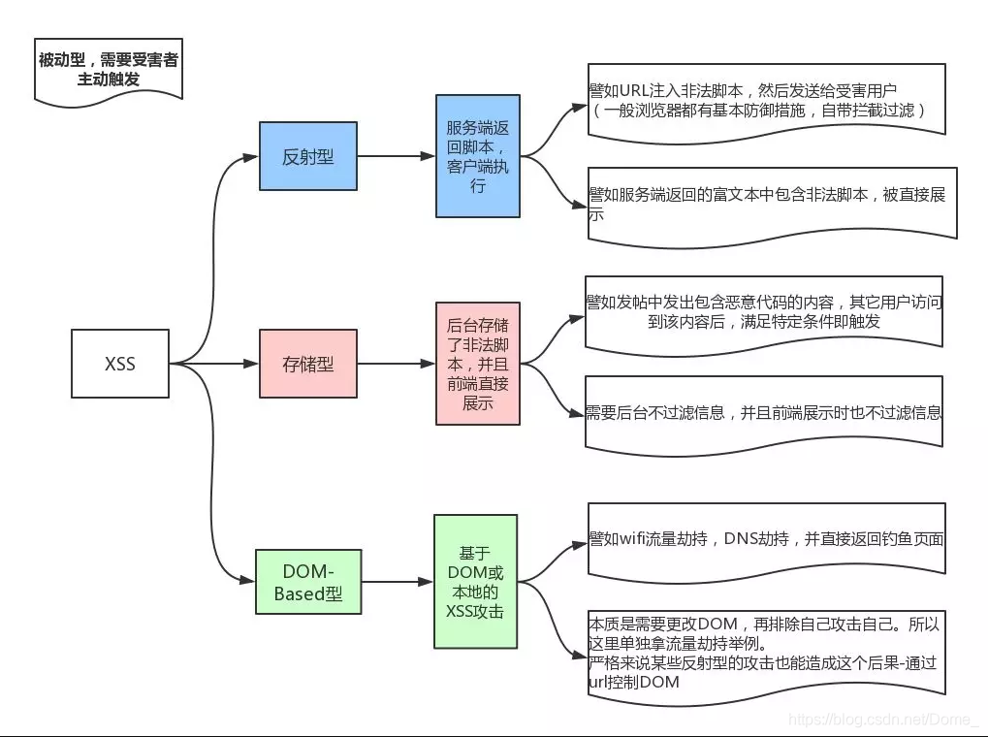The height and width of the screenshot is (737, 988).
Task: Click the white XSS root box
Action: (120, 364)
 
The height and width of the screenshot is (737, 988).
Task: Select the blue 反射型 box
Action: (307, 156)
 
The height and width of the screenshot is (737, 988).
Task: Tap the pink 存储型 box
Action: (307, 364)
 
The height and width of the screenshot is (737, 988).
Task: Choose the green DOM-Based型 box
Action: (307, 581)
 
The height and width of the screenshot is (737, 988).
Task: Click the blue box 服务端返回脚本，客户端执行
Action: (477, 156)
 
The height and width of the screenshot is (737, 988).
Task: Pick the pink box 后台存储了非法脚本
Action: (477, 363)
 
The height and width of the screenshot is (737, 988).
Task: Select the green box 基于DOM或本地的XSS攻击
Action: (476, 581)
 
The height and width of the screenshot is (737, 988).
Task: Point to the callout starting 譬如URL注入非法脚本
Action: (765, 101)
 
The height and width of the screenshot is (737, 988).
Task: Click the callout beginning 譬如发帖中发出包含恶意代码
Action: (764, 311)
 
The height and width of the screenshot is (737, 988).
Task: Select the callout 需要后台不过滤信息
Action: (764, 413)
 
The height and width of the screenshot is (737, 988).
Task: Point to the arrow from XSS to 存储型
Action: (215, 364)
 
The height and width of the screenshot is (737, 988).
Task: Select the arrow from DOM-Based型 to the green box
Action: (396, 582)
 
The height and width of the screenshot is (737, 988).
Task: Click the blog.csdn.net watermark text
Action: (883, 720)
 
